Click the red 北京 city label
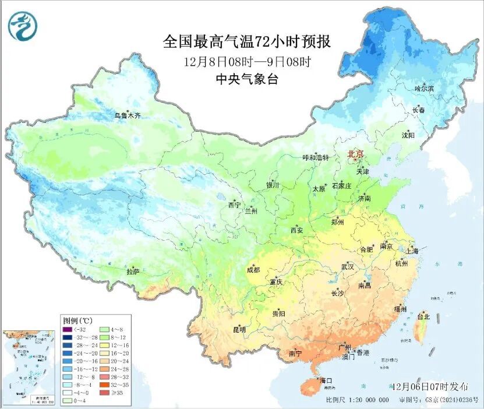click(x=355, y=154)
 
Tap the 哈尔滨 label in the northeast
click(x=424, y=89)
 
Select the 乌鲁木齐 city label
click(x=127, y=116)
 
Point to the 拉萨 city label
click(x=133, y=272)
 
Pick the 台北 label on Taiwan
click(x=423, y=317)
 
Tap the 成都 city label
click(x=253, y=270)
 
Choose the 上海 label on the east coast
click(x=412, y=251)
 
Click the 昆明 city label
click(x=239, y=329)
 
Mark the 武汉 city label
click(x=348, y=266)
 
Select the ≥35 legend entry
click(x=108, y=393)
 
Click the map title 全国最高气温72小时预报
click(x=247, y=42)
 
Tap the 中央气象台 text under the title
click(x=247, y=79)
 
